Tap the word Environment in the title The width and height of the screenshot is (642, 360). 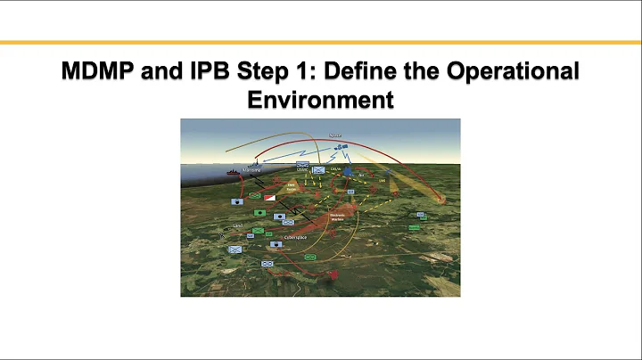pos(320,99)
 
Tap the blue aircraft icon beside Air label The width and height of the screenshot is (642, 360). pos(348,169)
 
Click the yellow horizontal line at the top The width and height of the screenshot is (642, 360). pos(321,42)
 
